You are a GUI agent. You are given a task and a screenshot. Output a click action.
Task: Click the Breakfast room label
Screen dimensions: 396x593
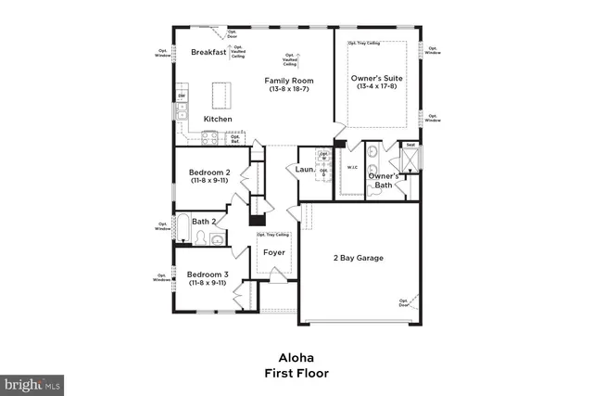tap(208, 53)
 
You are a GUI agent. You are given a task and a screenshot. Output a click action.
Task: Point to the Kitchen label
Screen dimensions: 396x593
tap(218, 119)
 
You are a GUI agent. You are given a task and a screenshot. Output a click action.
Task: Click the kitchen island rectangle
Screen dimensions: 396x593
tap(221, 95)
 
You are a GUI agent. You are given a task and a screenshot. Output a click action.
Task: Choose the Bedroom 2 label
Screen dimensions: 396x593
tap(208, 172)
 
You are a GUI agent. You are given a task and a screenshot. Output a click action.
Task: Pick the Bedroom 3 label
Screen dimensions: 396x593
tap(208, 275)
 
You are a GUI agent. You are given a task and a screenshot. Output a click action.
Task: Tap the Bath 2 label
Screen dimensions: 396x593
tap(204, 222)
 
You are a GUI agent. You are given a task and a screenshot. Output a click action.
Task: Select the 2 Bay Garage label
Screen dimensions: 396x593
tap(359, 258)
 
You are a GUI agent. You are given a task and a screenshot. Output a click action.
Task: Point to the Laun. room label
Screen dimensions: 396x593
tap(304, 170)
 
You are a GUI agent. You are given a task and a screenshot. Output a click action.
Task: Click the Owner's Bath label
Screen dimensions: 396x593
tap(382, 180)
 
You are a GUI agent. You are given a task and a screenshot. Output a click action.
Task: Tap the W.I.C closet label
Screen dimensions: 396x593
tap(352, 167)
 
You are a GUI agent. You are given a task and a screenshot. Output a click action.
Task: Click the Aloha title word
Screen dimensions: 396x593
tap(296, 357)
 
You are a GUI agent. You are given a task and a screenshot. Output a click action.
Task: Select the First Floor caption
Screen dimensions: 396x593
tap(296, 373)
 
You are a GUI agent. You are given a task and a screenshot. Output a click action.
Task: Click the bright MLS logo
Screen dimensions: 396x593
tap(33, 382)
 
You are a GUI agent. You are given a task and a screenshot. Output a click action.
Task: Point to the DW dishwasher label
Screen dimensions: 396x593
tap(182, 96)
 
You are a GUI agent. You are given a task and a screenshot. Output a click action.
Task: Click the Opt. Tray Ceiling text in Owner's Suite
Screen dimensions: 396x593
tap(364, 43)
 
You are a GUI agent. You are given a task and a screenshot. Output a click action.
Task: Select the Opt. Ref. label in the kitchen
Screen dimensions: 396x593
tap(235, 139)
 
